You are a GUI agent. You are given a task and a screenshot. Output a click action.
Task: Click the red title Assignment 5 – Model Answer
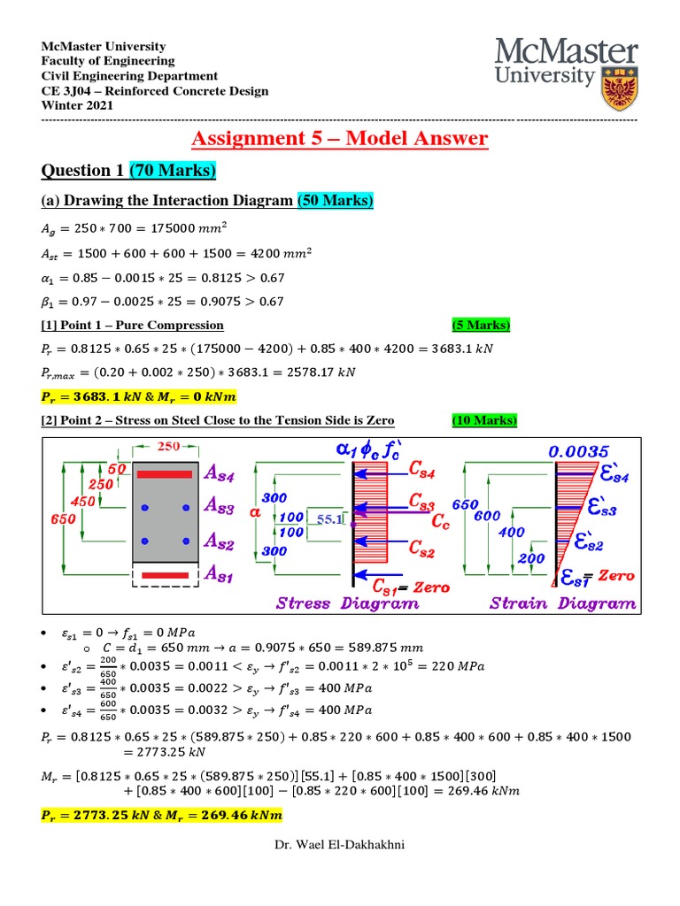tap(340, 138)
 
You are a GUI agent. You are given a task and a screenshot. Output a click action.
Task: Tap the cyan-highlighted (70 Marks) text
tap(174, 170)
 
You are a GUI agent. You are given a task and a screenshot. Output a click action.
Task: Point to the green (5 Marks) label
tap(482, 326)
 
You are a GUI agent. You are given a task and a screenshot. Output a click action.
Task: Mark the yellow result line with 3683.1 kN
tap(139, 395)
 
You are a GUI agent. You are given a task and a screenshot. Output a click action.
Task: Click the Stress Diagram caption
tap(348, 603)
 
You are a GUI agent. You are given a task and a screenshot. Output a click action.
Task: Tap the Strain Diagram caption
tap(564, 603)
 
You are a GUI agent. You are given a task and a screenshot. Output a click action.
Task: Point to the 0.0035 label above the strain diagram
tap(581, 451)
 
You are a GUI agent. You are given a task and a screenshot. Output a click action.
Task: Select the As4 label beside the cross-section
tap(220, 473)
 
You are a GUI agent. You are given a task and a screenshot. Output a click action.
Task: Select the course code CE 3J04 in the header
tap(66, 91)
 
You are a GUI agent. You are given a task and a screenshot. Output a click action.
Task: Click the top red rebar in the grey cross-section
tap(164, 475)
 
